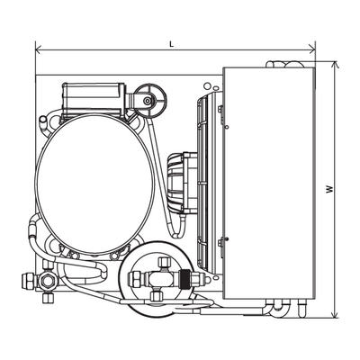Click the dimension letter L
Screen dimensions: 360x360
[171, 44]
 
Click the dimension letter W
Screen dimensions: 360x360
[329, 189]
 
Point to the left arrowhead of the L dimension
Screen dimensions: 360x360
[38, 48]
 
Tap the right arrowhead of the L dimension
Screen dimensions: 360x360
[312, 48]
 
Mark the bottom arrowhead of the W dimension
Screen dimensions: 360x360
[334, 314]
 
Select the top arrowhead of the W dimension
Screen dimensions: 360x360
[334, 65]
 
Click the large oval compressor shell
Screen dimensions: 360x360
[95, 184]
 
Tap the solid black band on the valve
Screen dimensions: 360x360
[184, 279]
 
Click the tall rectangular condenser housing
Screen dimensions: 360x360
[269, 184]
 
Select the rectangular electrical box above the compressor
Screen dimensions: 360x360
[94, 100]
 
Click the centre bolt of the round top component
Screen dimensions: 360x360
[147, 101]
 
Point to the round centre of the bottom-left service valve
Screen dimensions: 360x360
[47, 281]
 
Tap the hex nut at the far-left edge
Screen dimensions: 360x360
[29, 281]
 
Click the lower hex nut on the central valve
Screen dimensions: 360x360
[157, 296]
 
